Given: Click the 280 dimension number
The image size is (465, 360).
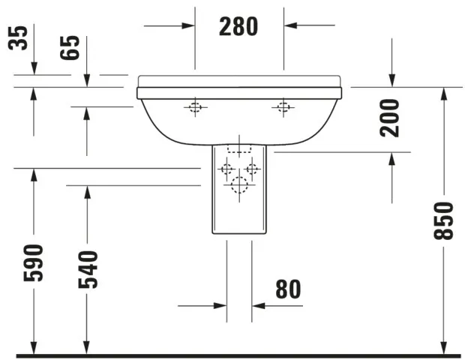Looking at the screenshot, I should point(238,26).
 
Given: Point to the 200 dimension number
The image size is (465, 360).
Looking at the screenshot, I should point(390,118).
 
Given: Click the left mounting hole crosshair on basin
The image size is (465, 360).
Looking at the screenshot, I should point(195,106).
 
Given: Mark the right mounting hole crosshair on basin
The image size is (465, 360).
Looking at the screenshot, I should point(283,106).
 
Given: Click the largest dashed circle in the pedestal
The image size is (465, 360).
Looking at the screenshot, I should point(239,185).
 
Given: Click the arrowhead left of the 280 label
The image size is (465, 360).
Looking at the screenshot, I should point(188,25).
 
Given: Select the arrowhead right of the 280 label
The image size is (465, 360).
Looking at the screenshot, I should point(290,25).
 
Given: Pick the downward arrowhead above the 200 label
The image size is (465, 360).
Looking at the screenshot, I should point(391,80).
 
